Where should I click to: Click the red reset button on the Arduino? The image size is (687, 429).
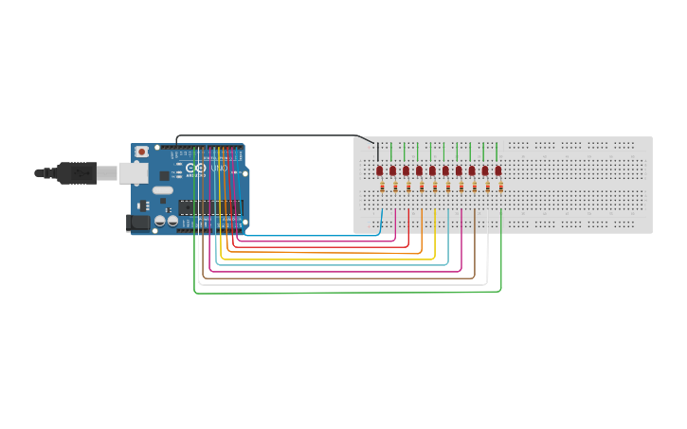coord(142,152)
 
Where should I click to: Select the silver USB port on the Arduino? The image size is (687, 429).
coord(132,172)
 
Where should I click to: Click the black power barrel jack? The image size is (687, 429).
coord(137,222)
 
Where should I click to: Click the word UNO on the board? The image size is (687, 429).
coord(219,169)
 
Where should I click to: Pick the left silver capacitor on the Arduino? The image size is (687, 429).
coord(160,221)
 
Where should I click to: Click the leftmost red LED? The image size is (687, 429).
coord(379,170)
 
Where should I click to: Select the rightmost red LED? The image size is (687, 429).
coord(498,170)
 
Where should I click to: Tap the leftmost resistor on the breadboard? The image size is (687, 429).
coord(383,188)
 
